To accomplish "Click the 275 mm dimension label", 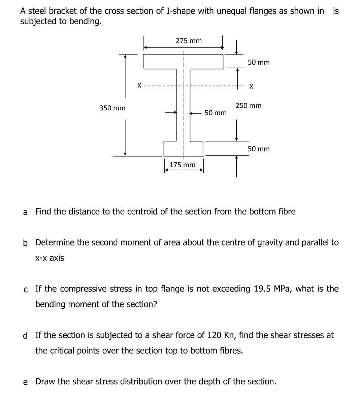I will (189, 41).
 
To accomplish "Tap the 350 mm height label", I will (112, 108).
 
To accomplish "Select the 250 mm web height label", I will (248, 106).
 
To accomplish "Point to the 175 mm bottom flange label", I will (182, 165).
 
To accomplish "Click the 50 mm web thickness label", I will (216, 113).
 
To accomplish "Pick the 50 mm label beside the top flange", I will (259, 62).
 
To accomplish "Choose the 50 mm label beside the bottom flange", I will (259, 149).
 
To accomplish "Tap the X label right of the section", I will (251, 87).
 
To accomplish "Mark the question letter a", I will (25, 212).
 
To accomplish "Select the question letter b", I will (26, 243).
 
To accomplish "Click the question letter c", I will (26, 289).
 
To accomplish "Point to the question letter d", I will (26, 336).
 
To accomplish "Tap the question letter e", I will (26, 382).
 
